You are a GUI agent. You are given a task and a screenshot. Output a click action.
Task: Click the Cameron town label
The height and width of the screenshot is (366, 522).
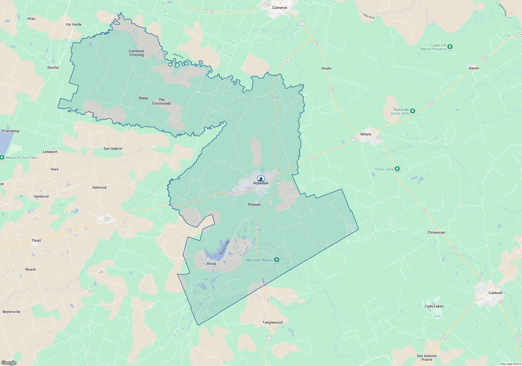tap(280, 8)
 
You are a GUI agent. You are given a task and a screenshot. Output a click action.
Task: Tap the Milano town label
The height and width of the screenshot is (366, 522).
tap(366, 134)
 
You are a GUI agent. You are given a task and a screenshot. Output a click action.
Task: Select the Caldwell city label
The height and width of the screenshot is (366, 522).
tap(495, 293)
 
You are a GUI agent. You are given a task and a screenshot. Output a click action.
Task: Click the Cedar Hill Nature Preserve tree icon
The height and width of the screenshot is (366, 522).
tap(450, 47)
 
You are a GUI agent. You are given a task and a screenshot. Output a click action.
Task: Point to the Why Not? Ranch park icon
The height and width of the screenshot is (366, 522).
tap(277, 260)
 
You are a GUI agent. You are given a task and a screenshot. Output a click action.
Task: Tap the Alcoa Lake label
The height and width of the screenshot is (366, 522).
tap(224, 248)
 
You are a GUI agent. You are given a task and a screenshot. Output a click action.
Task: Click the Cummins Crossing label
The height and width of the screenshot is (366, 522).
tap(137, 53)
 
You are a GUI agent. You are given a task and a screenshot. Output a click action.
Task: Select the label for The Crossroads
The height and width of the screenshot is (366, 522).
tap(162, 102)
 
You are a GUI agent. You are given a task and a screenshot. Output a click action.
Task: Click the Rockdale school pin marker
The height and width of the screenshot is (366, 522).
tap(261, 179)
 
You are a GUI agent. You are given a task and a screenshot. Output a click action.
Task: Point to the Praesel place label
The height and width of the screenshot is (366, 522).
tap(254, 205)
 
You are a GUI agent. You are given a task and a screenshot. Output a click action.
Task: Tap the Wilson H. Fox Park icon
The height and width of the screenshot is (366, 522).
tap(2, 157)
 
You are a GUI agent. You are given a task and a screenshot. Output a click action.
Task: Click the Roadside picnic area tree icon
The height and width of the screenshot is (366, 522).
tap(412, 111)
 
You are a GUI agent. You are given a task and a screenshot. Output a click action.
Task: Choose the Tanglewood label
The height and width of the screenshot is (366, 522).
tap(272, 323)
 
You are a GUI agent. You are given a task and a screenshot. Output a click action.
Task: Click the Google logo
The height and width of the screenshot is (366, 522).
tap(9, 363)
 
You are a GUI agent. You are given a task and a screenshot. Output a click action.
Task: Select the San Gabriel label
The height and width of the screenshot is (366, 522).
tap(113, 149)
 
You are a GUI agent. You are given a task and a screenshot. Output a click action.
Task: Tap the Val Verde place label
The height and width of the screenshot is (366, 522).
tap(74, 25)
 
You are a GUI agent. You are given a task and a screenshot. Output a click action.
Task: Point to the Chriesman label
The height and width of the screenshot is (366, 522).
tap(436, 233)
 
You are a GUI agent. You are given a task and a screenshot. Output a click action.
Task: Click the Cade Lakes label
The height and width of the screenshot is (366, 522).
tap(434, 306)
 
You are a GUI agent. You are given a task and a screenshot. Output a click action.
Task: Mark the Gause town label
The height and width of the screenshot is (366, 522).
tap(474, 68)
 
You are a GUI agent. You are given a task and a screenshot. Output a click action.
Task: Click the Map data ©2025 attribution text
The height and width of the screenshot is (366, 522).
tap(511, 364)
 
